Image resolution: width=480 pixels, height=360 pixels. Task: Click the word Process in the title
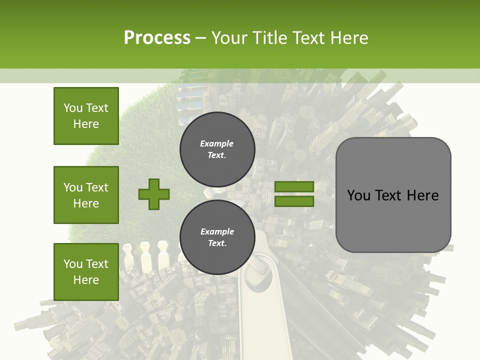pyautogui.click(x=157, y=38)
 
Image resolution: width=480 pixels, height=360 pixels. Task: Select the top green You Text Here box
pyautogui.click(x=86, y=116)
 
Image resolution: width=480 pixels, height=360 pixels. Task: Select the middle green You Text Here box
pyautogui.click(x=86, y=195)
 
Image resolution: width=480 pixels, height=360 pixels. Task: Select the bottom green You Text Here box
pyautogui.click(x=86, y=272)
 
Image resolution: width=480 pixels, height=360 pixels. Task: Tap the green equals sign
pyautogui.click(x=294, y=194)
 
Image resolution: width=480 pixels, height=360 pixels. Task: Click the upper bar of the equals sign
pyautogui.click(x=294, y=187)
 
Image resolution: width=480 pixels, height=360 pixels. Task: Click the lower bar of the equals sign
pyautogui.click(x=294, y=201)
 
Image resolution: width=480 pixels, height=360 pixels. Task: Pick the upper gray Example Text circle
pyautogui.click(x=217, y=149)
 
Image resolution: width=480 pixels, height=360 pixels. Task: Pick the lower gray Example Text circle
pyautogui.click(x=217, y=237)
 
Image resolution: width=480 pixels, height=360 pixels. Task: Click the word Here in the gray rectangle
pyautogui.click(x=422, y=195)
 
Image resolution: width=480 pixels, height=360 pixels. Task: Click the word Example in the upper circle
pyautogui.click(x=216, y=143)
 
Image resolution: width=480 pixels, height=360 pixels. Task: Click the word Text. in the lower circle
pyautogui.click(x=217, y=243)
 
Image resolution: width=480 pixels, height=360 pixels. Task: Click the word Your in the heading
pyautogui.click(x=229, y=38)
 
